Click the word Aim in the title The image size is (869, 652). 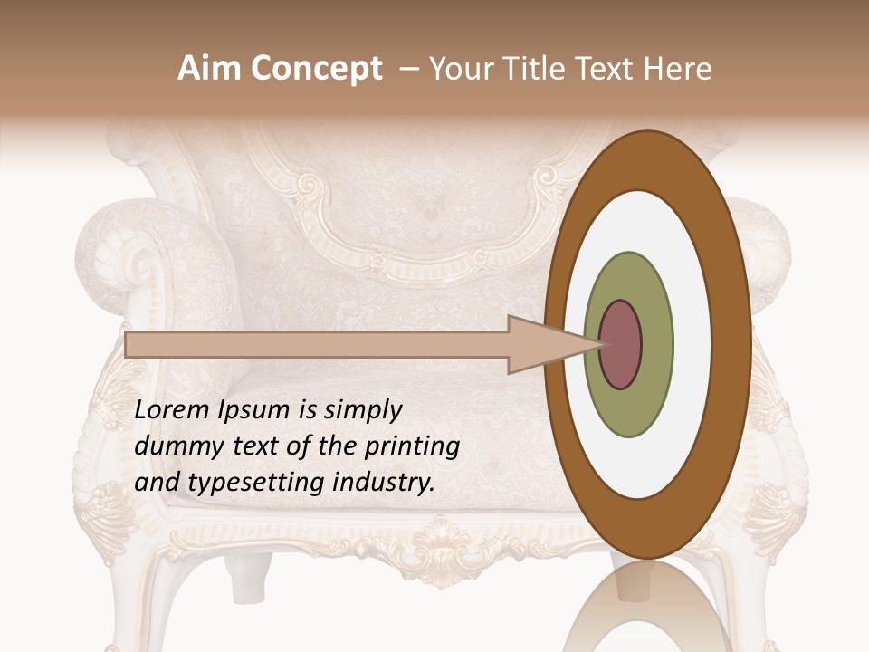[212, 69]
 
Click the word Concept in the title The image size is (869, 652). [318, 70]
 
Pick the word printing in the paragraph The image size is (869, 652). [411, 447]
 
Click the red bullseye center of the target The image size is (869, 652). [621, 345]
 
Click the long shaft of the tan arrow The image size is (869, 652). [317, 344]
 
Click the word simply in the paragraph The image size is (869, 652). [360, 410]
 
